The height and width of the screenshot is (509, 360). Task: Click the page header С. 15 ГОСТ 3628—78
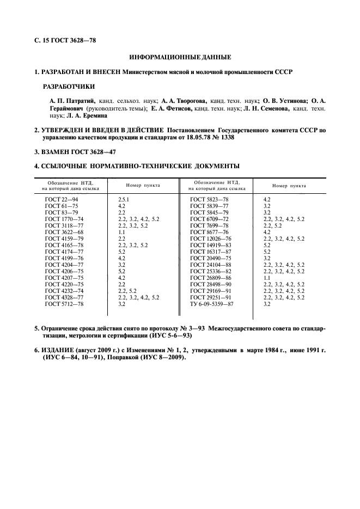pos(65,40)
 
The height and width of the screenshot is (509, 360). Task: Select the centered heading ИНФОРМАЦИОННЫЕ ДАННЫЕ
pos(180,57)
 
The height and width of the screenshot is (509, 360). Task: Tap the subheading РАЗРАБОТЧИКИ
pos(69,87)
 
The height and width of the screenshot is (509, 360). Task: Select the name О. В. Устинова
pos(285,101)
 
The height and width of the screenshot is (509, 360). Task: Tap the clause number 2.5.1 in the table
pos(125,200)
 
